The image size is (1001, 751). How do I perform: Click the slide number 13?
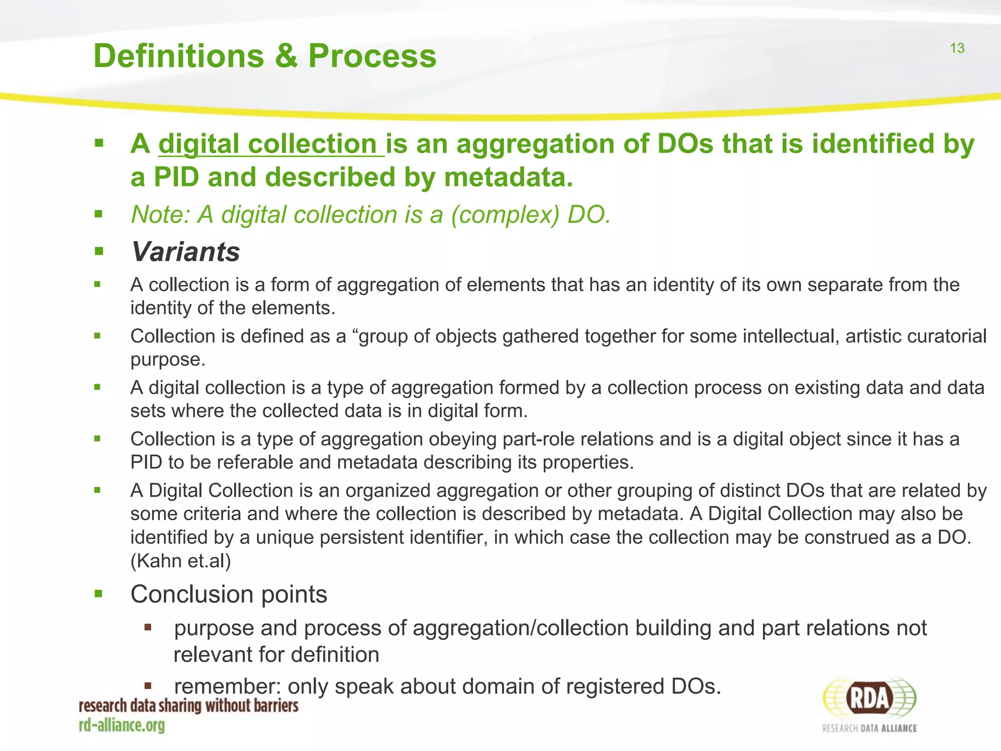pos(957,48)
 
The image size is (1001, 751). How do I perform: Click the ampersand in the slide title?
pos(286,56)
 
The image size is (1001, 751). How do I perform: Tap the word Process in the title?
pos(372,56)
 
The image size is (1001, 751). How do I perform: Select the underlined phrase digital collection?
pos(271,144)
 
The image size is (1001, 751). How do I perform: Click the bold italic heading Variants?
pos(185,252)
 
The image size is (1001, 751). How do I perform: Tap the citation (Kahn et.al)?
pos(180,561)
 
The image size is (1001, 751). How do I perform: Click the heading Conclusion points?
pos(229,595)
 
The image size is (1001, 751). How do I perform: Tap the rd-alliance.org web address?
pos(122,725)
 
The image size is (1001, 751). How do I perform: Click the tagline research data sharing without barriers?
pos(189,706)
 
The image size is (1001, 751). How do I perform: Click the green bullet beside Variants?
pos(99,252)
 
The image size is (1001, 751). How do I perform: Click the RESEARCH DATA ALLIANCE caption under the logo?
pos(870,729)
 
